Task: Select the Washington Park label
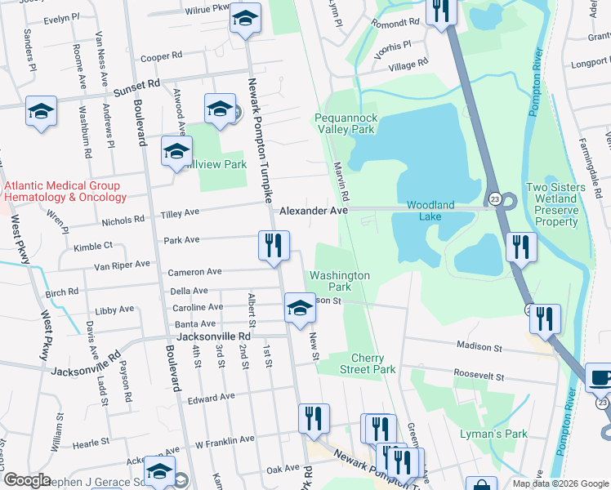[x=340, y=281]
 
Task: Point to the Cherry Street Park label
[x=373, y=363]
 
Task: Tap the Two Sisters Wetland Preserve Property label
[x=555, y=204]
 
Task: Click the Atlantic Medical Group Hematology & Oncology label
[x=65, y=191]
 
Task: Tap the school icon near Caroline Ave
[x=300, y=310]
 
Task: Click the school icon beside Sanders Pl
[x=41, y=112]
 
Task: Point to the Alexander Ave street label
[x=314, y=210]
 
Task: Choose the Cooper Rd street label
[x=161, y=56]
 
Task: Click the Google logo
[x=27, y=479]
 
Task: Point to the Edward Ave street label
[x=211, y=399]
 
